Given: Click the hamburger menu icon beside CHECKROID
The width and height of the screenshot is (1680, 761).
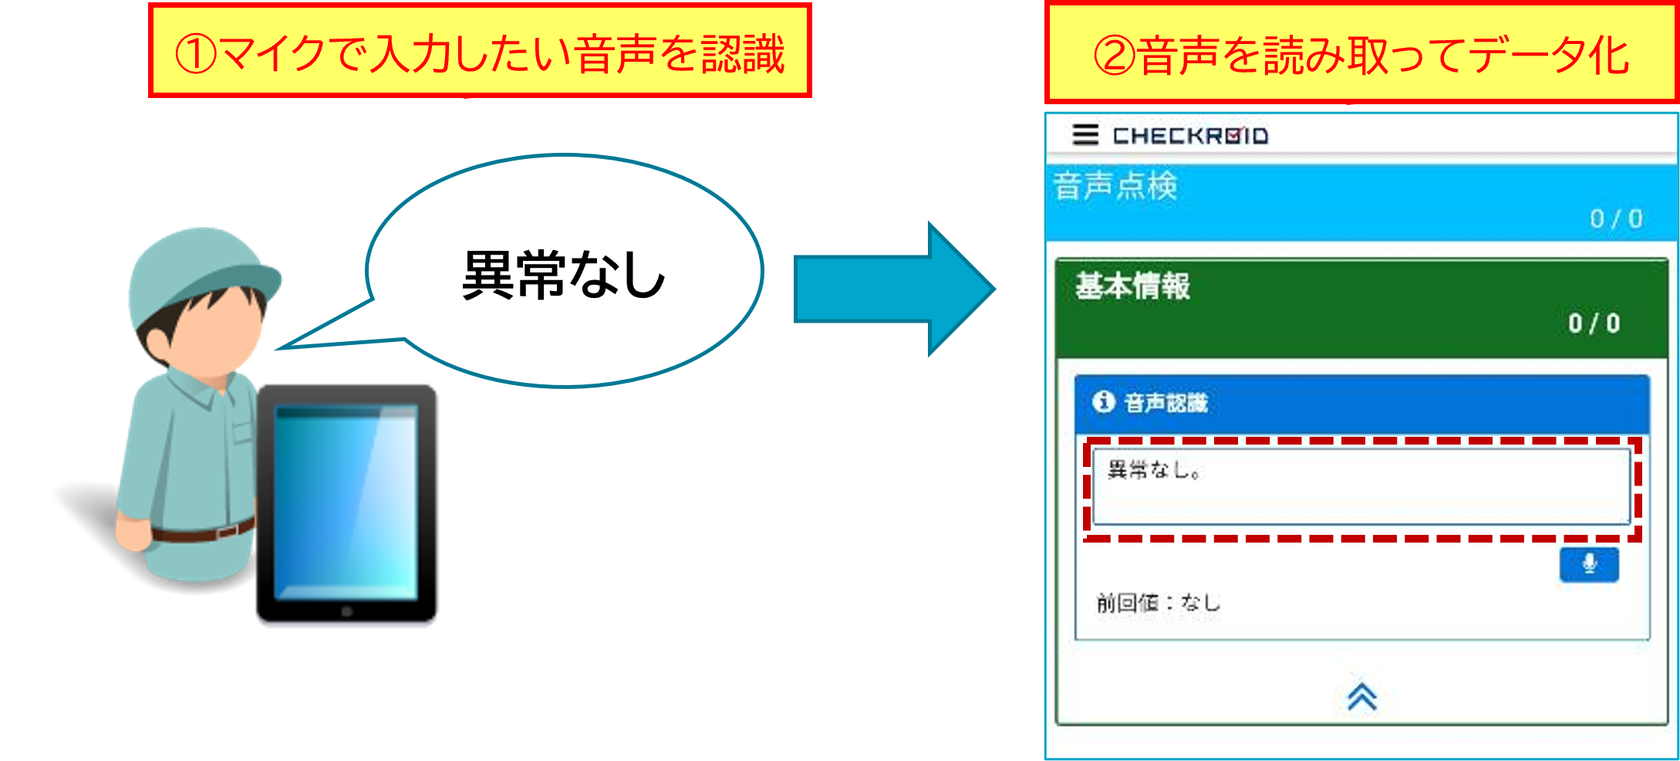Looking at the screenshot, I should point(1085,135).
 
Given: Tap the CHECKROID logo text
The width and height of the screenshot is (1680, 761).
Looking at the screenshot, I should point(1190,137).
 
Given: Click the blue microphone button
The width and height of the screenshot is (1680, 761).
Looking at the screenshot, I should point(1588,564).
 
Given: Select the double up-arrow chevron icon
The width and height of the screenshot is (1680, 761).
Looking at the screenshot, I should point(1362,696).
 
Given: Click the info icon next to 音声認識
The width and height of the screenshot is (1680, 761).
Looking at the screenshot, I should point(1104,402).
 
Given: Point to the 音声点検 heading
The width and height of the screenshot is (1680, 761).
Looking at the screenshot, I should point(1116,187).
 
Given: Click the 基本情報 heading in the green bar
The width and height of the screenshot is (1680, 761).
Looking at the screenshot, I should point(1132,286).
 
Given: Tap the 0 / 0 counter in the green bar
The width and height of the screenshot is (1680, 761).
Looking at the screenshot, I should point(1594,323).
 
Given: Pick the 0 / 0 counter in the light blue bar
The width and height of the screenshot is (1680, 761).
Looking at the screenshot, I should point(1616,219).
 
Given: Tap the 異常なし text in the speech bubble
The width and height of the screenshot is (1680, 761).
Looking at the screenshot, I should point(563,276).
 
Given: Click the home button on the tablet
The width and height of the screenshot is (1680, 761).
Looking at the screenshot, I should point(347,612).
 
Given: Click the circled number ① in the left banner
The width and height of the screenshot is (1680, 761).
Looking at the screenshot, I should point(196,54).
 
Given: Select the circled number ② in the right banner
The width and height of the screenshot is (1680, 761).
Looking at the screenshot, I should point(1114,56).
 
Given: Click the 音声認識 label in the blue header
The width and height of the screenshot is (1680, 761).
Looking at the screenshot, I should point(1166,403).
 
